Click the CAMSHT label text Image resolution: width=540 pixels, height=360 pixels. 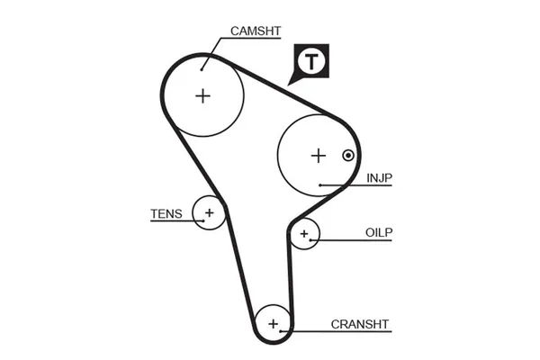point(256,31)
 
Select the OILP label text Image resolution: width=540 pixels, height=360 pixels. point(380,232)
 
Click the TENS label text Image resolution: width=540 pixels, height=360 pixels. point(166,214)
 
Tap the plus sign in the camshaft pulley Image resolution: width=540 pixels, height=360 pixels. point(203,95)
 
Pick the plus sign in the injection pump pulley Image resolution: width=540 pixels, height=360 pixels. point(317,155)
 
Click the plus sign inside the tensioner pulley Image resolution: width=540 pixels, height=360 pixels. point(209,212)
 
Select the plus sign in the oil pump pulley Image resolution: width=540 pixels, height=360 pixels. point(304,235)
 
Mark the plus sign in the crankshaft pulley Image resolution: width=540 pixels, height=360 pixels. point(274,323)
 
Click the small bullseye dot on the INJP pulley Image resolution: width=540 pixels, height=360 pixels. point(346,155)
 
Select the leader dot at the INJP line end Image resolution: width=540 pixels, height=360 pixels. point(320,185)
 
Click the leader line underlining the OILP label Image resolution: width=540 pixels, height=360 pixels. point(360,241)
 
